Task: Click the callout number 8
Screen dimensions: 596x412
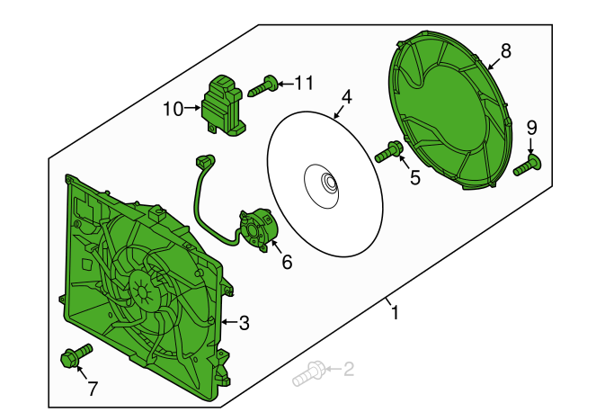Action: coord(505,51)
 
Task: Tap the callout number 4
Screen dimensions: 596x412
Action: coord(346,97)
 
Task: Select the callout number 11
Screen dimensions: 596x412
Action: coord(304,83)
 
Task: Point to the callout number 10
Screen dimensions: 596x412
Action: coord(173,109)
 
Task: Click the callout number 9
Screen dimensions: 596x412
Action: coord(532,128)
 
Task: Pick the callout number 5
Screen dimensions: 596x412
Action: coord(414,177)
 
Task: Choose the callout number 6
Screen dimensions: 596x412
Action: coord(287,262)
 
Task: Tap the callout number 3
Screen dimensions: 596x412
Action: coord(244,323)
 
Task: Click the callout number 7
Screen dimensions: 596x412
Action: coord(93,389)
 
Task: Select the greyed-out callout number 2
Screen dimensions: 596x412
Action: coord(349,369)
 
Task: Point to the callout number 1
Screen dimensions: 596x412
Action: coord(396,312)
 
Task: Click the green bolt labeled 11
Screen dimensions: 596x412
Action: coord(262,86)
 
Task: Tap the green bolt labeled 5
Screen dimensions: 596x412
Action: coord(388,151)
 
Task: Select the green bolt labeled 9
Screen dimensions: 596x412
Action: coord(527,166)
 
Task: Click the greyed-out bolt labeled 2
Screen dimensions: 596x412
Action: coord(308,373)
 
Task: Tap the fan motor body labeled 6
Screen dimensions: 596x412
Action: coord(258,229)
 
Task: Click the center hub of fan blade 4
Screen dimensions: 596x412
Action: coord(328,184)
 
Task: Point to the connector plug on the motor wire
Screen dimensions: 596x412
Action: coord(205,160)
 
